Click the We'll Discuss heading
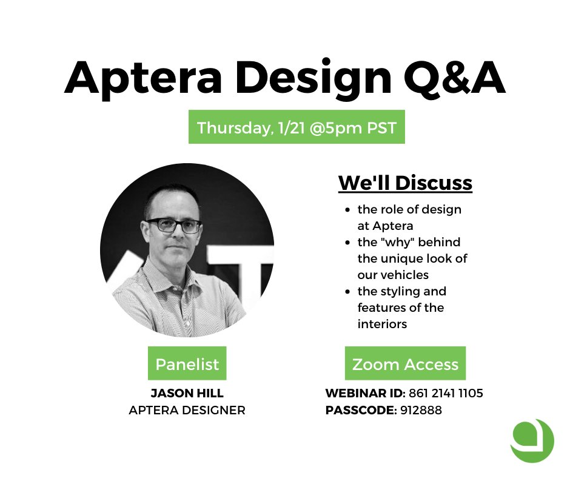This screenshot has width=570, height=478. tap(405, 183)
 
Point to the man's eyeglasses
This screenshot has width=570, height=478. tap(173, 225)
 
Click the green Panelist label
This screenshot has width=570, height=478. tap(187, 364)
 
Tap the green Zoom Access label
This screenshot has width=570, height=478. tap(405, 364)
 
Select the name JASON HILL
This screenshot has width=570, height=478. tap(187, 394)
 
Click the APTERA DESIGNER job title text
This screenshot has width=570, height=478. tap(187, 411)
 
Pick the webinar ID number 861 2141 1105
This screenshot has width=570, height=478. tap(446, 394)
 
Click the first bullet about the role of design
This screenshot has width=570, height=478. tap(409, 218)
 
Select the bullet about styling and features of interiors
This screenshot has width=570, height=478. tap(401, 308)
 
